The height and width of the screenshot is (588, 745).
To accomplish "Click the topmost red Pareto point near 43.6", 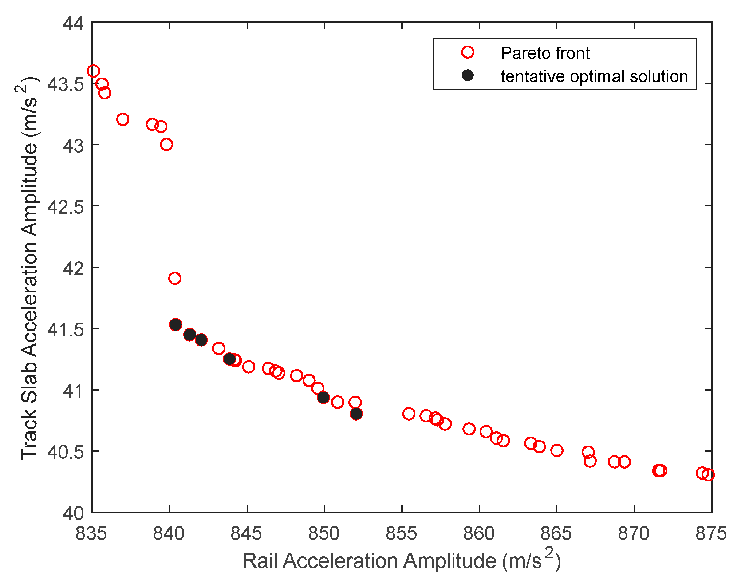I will pos(94,71).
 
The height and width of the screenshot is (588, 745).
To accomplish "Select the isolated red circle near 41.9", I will pos(175,278).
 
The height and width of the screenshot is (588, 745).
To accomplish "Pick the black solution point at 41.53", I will pos(176,324).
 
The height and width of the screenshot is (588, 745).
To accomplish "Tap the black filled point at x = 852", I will pos(356,414).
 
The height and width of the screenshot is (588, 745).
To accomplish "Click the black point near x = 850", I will pos(323,397).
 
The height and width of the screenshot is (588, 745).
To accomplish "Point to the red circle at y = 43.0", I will pos(166,145).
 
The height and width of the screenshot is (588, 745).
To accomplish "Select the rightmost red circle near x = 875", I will pos(708,475).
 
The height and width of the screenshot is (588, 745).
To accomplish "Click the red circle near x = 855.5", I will pos(409,414).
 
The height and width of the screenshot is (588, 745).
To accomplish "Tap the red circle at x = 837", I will pos(123,119).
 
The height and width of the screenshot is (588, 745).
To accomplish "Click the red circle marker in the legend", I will pos(468,52).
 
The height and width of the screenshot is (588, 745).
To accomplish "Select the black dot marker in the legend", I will pos(468,75).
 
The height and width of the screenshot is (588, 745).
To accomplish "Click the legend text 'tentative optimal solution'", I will pos(594,76).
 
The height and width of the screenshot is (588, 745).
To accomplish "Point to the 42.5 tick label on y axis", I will pos(66,206).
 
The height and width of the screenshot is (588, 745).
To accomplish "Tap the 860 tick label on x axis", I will pos(479,534).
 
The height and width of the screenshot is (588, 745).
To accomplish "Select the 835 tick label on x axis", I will pos(91,534).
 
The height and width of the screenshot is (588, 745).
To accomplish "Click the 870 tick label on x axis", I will pos(634,534).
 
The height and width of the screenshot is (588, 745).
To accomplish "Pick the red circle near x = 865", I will pos(557,450).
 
